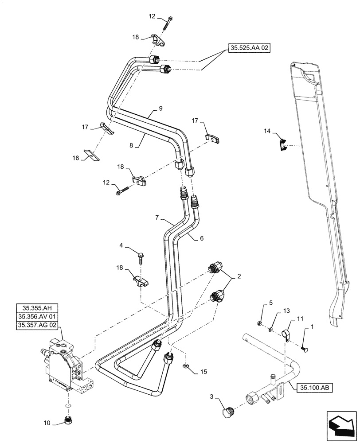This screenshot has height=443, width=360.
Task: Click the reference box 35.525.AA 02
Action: pos(250,47)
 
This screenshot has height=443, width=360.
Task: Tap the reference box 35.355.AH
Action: pos(38,308)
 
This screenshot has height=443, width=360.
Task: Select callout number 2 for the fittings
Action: pos(239,276)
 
